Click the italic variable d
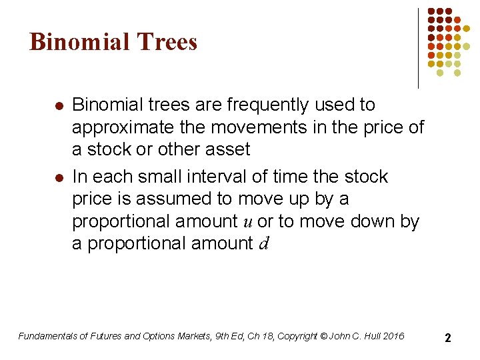(x=263, y=244)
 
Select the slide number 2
(x=448, y=337)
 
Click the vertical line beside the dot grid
(x=419, y=48)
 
